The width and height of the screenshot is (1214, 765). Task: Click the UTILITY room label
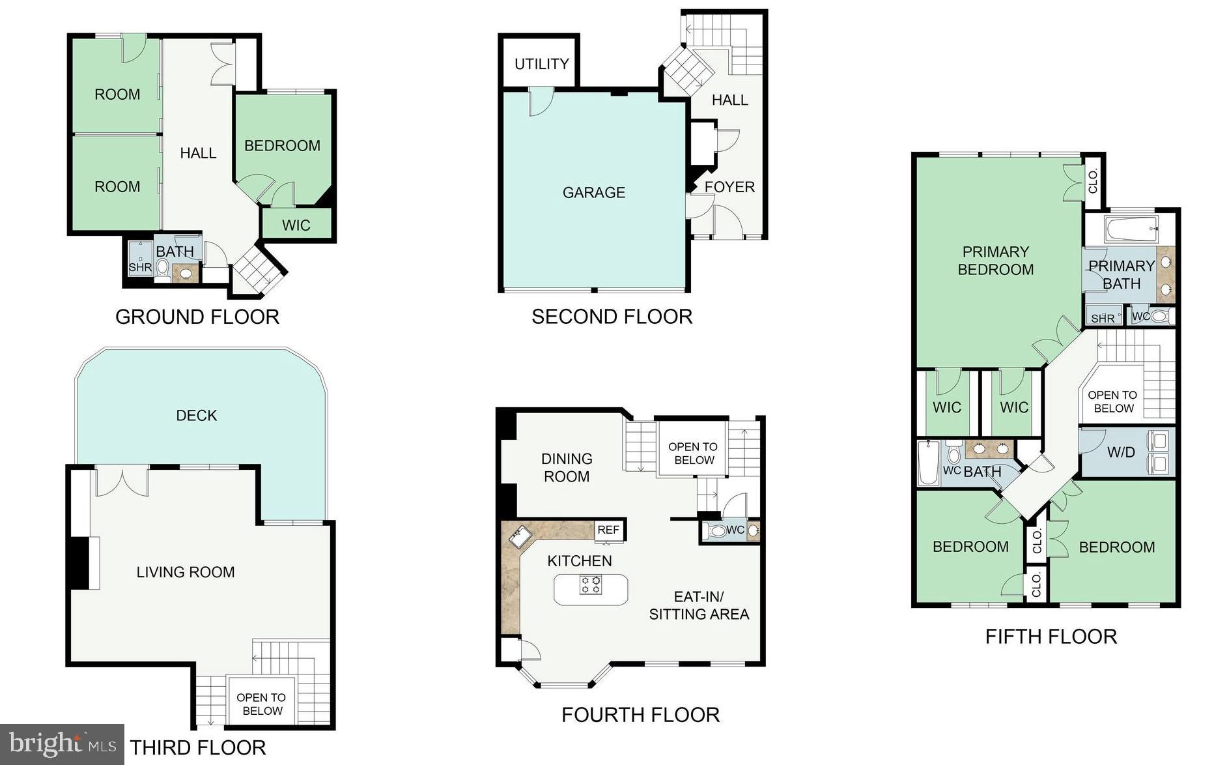pos(541,64)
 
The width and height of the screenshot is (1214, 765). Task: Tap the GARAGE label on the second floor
pos(593,192)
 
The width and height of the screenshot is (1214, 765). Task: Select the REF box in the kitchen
pos(608,530)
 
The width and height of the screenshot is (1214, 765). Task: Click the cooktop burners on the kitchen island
pos(591,585)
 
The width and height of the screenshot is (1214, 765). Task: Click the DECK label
pos(196,415)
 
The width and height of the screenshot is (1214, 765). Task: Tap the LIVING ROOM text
pos(185,572)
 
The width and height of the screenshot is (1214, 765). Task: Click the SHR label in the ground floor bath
pos(140,267)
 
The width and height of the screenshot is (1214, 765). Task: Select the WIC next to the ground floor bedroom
pos(296,225)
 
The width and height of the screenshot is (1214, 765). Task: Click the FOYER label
pos(729,187)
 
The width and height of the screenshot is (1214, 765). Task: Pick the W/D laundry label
pos(1121,452)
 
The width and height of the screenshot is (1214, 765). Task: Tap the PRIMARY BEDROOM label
pos(995,261)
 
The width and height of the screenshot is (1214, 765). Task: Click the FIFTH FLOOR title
pos(1051,636)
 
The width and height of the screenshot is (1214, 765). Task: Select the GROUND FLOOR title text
pos(197,317)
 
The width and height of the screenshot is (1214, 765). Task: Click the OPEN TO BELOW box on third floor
pos(261,704)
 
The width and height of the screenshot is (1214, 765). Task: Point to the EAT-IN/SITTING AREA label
pos(699,605)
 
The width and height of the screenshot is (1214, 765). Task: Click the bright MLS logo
pos(62,744)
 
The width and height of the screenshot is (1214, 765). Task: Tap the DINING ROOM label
pos(567,467)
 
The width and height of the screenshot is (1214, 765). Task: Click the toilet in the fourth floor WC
pos(717,530)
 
